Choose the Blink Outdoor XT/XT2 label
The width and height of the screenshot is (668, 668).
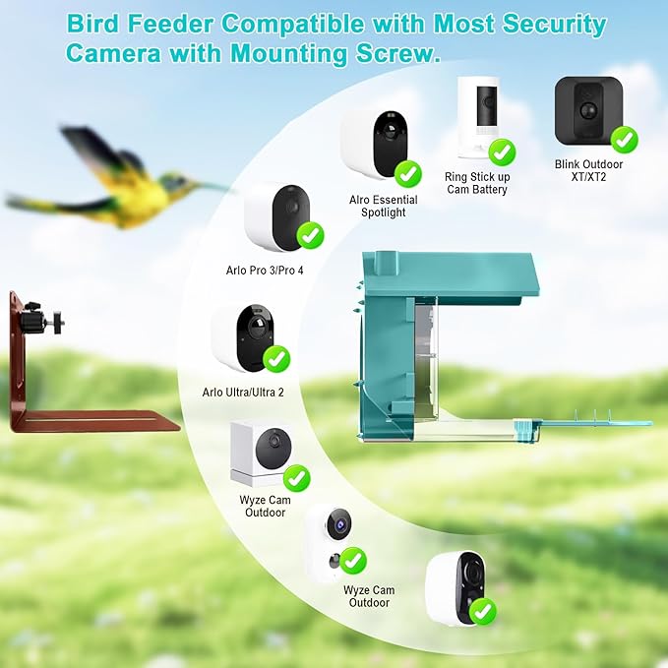coord(588,171)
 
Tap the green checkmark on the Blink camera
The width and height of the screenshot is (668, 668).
coord(624,140)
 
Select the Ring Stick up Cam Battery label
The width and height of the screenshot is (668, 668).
coord(476,183)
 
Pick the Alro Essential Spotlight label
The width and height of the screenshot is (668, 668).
coord(383,206)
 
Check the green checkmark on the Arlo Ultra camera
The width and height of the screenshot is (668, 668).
coord(275,358)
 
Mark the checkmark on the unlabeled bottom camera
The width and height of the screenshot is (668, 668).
coord(483,612)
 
